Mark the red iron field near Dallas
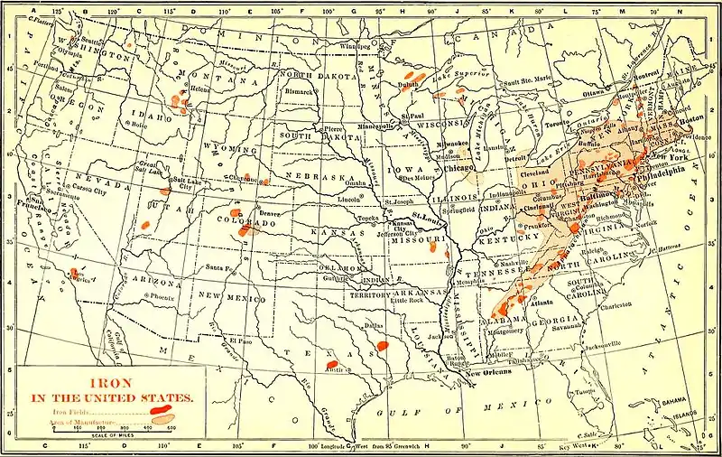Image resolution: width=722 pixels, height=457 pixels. (382, 345)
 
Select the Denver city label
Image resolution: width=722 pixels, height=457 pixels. (272, 213)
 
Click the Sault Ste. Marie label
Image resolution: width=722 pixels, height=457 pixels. (525, 82)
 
